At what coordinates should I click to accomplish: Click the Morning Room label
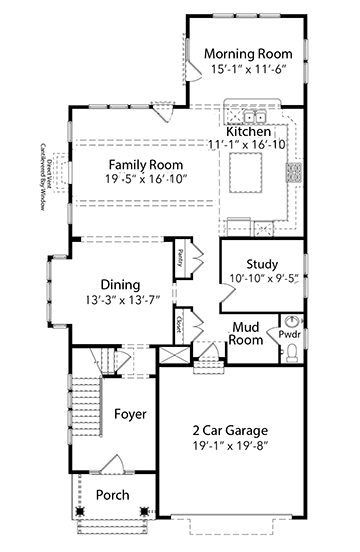pyautogui.click(x=247, y=53)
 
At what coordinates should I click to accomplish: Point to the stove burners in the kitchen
pyautogui.click(x=295, y=173)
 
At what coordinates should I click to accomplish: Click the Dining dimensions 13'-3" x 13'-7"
pyautogui.click(x=119, y=299)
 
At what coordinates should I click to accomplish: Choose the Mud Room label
pyautogui.click(x=246, y=333)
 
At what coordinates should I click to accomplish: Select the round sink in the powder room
pyautogui.click(x=293, y=322)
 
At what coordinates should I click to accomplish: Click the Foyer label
pyautogui.click(x=130, y=413)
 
